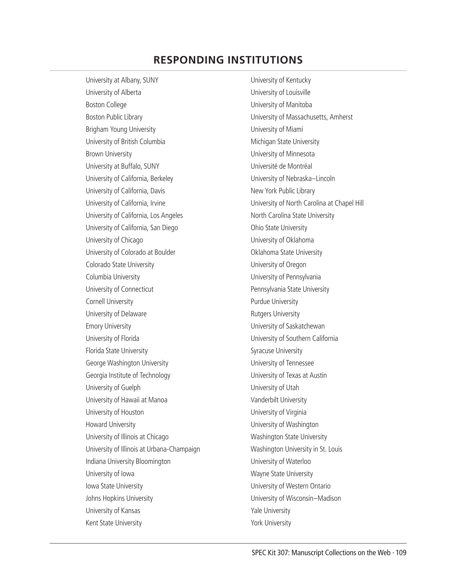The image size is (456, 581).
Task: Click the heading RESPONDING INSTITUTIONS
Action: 228,60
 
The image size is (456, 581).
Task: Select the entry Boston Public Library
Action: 114,117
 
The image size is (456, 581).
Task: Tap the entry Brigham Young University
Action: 120,129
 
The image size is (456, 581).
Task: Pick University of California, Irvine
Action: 126,203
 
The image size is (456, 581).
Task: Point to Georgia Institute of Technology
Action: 128,375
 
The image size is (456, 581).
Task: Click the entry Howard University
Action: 110,424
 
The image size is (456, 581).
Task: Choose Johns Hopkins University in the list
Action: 119,498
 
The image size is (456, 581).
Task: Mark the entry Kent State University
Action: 114,523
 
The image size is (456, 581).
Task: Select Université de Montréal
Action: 281,166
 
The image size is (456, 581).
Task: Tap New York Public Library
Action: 282,191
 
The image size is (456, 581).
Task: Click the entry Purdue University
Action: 274,302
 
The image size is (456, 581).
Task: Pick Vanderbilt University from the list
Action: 278,400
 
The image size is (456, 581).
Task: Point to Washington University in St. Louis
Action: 296,449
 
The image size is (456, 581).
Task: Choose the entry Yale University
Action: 270,511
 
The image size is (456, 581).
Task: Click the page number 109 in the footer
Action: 401,553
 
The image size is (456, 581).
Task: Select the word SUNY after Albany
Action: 151,80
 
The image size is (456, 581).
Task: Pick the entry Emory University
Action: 108,326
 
